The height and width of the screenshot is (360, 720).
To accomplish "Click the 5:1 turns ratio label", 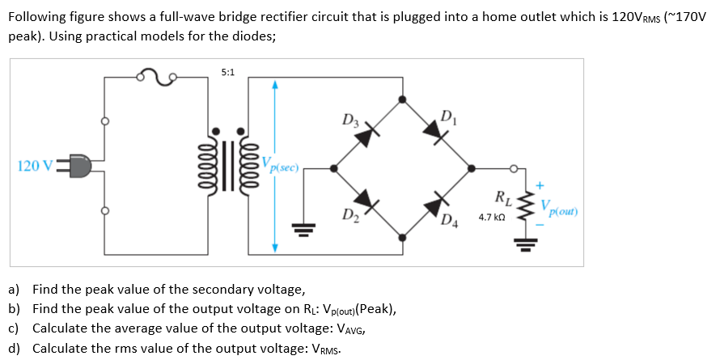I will pyautogui.click(x=228, y=73).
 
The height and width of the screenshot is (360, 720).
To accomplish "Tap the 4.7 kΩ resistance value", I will pyautogui.click(x=492, y=218).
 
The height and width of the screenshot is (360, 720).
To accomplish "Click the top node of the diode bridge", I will pyautogui.click(x=404, y=99).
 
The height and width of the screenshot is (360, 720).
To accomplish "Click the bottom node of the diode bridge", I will pyautogui.click(x=404, y=236).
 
